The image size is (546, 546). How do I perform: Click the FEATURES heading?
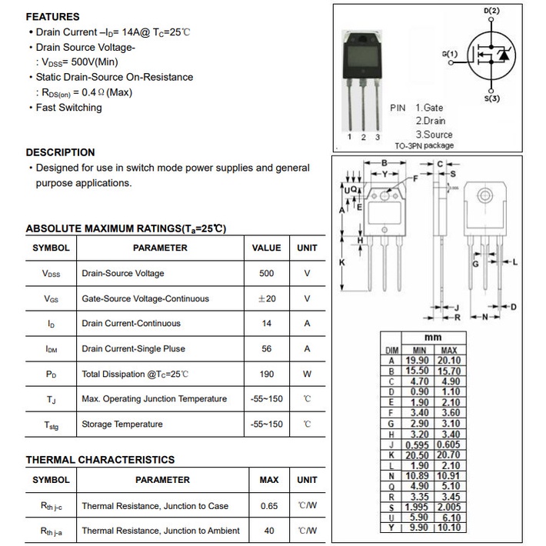click(x=52, y=17)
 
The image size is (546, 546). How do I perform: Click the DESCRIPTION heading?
click(x=60, y=152)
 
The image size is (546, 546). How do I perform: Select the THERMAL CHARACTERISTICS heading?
click(x=100, y=460)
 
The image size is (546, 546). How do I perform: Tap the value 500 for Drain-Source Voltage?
click(x=267, y=274)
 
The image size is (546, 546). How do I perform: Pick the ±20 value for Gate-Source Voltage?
click(x=267, y=298)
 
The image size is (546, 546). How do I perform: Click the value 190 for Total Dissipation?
click(x=267, y=374)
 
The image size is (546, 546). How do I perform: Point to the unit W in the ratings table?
click(x=307, y=374)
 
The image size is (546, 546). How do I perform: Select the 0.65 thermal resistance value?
click(x=269, y=506)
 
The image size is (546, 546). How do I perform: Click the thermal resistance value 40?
click(x=269, y=531)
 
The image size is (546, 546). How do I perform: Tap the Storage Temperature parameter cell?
click(x=122, y=424)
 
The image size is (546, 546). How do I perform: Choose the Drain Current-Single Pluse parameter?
click(x=133, y=349)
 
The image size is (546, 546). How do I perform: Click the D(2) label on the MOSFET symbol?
click(x=491, y=12)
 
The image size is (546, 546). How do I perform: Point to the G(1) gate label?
click(x=450, y=54)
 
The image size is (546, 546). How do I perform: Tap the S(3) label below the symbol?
click(x=492, y=98)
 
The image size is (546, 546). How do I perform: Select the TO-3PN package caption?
click(x=424, y=145)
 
